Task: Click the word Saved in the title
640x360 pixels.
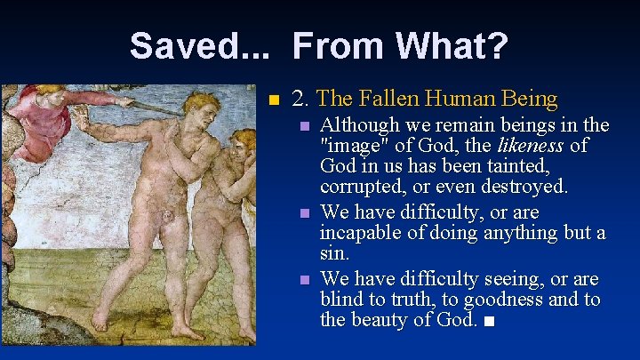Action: pyautogui.click(x=177, y=45)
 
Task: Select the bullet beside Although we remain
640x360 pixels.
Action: pyautogui.click(x=305, y=126)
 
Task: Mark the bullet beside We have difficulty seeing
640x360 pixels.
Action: pyautogui.click(x=305, y=279)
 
